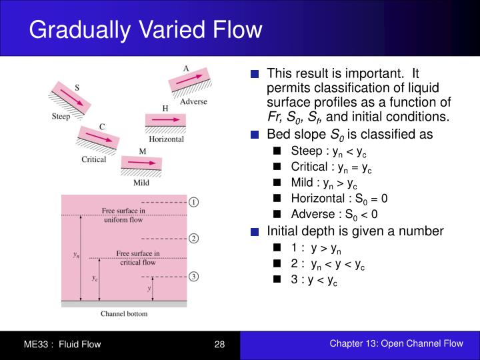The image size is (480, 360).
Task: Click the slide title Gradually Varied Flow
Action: [x=146, y=30]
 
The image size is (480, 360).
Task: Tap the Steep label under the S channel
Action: [x=61, y=117]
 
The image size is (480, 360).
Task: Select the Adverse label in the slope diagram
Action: [x=193, y=101]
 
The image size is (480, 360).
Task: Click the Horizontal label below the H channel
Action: [x=166, y=139]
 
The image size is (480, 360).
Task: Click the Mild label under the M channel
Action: [x=141, y=181]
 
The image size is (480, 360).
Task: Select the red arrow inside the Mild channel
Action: [x=141, y=163]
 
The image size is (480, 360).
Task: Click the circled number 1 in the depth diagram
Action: [x=193, y=202]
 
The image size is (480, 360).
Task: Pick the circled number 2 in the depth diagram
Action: [x=193, y=238]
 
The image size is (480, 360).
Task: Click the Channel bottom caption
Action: [x=124, y=313]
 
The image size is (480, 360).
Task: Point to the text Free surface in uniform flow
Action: [x=123, y=215]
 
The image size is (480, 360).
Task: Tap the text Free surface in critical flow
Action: [x=137, y=258]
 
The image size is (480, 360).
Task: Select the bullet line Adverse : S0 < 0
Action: [x=334, y=214]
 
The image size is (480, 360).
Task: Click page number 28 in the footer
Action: [x=219, y=344]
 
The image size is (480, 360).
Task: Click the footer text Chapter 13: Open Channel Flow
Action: [x=395, y=343]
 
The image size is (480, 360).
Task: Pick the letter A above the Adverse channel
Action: [x=187, y=67]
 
